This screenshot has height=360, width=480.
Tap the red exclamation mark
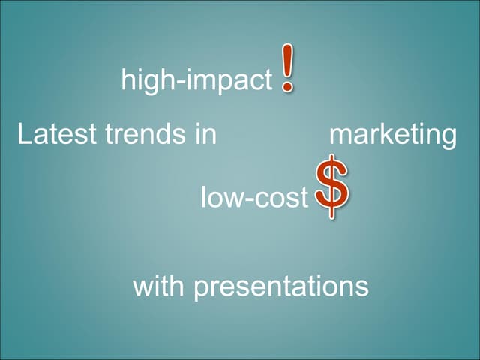pos(287,69)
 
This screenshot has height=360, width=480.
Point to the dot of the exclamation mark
pos(287,89)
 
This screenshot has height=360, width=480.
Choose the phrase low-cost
pos(254,198)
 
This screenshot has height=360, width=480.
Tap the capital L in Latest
pos(23,135)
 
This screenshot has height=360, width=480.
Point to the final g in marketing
pos(448,139)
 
